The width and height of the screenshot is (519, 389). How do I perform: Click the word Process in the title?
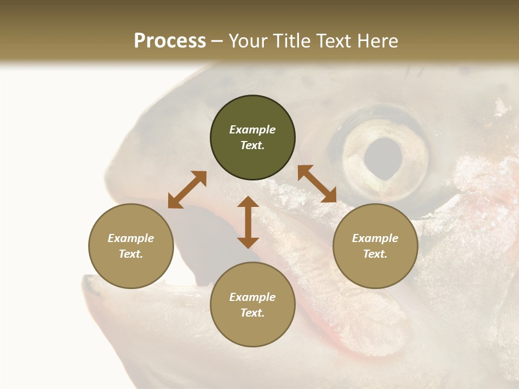[x=170, y=41]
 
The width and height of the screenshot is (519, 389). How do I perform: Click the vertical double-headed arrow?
[x=248, y=223]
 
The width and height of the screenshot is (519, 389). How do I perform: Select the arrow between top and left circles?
[x=187, y=190]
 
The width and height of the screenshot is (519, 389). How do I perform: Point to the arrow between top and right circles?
[x=317, y=184]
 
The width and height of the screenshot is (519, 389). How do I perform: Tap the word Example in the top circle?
[x=252, y=130]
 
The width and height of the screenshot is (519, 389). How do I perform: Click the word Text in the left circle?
[x=131, y=254]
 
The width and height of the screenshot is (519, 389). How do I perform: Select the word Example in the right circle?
[x=375, y=238]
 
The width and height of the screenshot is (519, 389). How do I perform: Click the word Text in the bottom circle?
[x=252, y=313]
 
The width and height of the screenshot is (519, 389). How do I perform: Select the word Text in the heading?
[x=331, y=41]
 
